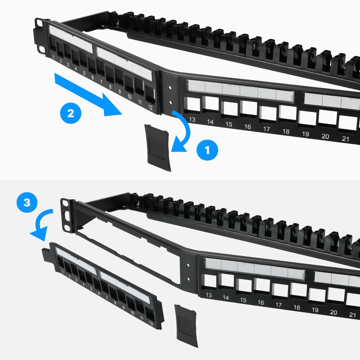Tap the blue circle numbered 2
click(x=71, y=114)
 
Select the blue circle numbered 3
click(x=27, y=203)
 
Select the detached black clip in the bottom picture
click(x=186, y=324)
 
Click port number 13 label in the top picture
click(x=192, y=120)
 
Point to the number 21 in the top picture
click(x=346, y=139)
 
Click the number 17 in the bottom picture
click(x=278, y=305)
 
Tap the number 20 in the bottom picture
click(x=333, y=312)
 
